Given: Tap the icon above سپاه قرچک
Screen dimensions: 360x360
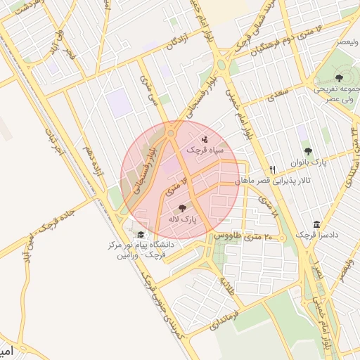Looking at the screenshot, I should [x=204, y=139].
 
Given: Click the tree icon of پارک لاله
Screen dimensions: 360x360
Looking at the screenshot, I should [x=183, y=208].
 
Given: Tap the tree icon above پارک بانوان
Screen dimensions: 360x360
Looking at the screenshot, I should [x=308, y=150].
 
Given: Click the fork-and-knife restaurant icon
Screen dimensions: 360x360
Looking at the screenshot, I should [x=273, y=169].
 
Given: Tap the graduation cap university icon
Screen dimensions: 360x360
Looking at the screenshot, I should [x=141, y=234].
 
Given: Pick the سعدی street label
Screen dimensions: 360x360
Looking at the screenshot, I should [x=278, y=91].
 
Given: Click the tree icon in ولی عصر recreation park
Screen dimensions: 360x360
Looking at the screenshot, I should [x=340, y=77].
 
